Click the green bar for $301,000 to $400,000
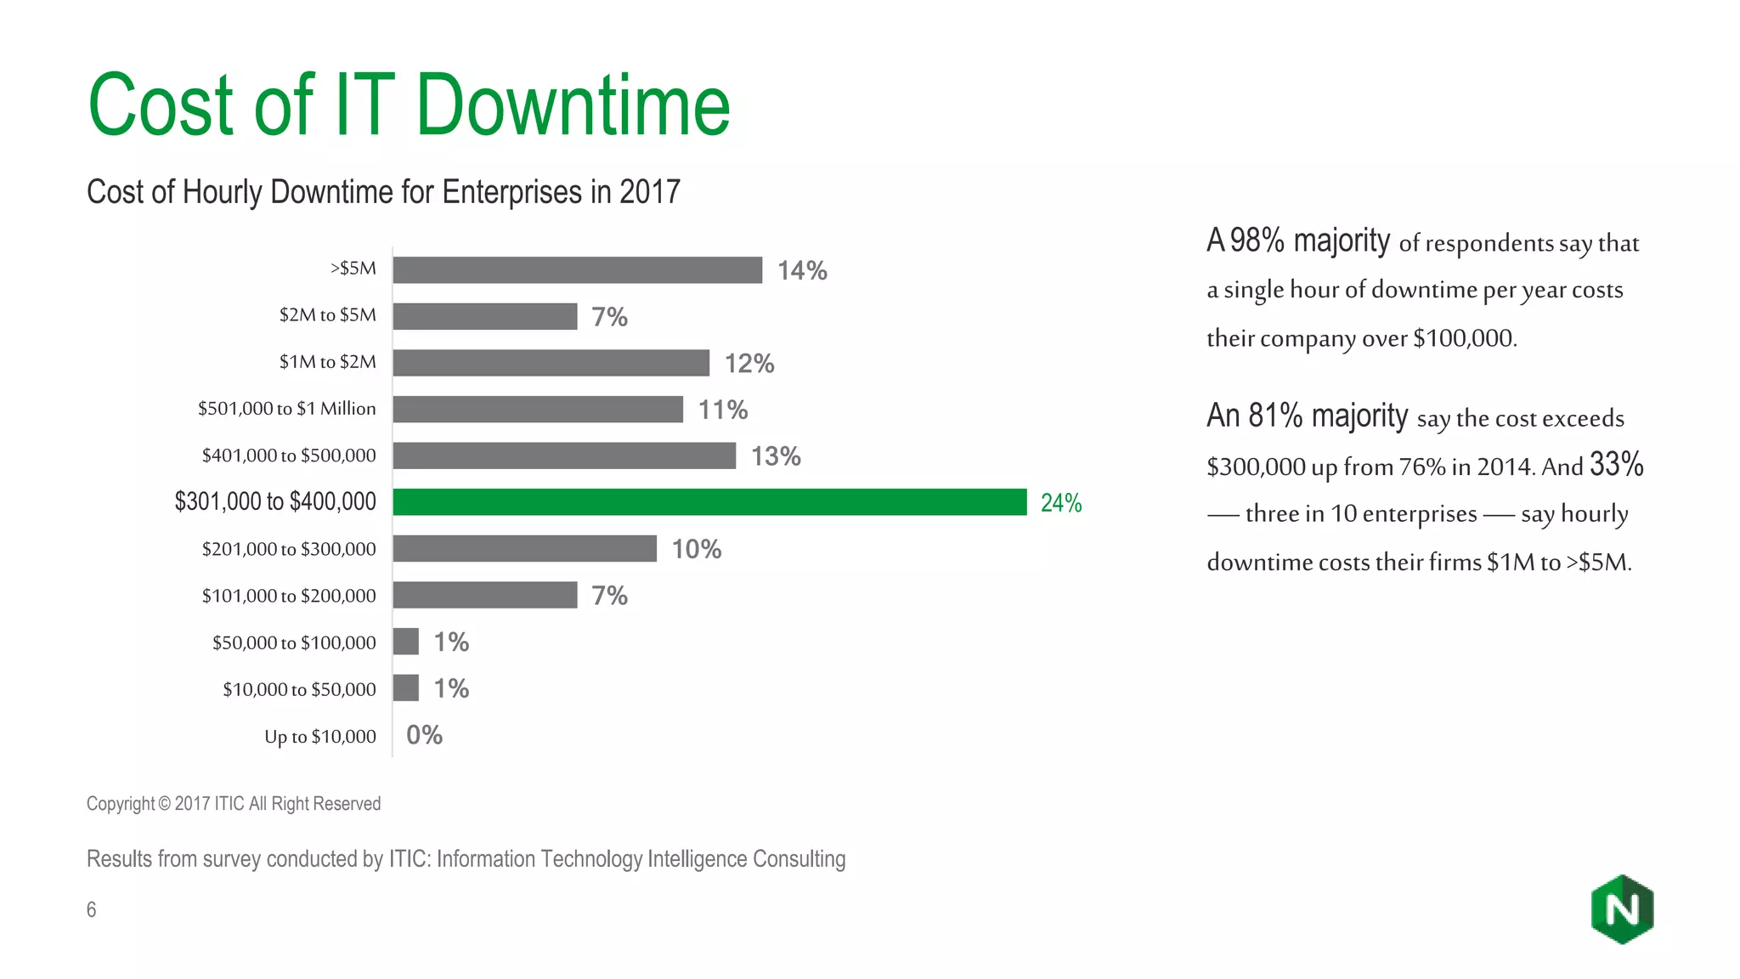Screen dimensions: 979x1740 click(x=709, y=502)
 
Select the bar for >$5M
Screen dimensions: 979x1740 click(x=577, y=270)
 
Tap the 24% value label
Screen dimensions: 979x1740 click(x=1061, y=503)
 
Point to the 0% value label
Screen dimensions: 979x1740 click(x=424, y=735)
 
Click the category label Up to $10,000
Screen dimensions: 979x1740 click(x=319, y=737)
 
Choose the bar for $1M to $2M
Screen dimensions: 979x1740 click(x=551, y=363)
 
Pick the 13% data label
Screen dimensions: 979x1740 click(x=776, y=456)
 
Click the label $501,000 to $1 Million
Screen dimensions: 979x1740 click(x=286, y=409)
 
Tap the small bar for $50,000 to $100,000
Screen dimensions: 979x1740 click(x=406, y=642)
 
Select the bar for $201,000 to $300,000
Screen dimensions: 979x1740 click(x=524, y=549)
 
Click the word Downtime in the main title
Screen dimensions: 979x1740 click(x=572, y=106)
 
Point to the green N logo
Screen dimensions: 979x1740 click(x=1622, y=909)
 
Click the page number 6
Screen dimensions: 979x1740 click(x=91, y=910)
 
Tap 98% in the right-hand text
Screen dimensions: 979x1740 click(x=1257, y=241)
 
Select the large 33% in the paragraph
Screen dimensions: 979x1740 click(x=1616, y=465)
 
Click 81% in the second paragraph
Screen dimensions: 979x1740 click(x=1275, y=416)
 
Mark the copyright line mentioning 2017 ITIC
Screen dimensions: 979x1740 click(x=234, y=804)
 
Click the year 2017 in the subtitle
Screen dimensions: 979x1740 click(x=649, y=192)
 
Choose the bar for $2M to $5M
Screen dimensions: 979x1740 click(x=484, y=317)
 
